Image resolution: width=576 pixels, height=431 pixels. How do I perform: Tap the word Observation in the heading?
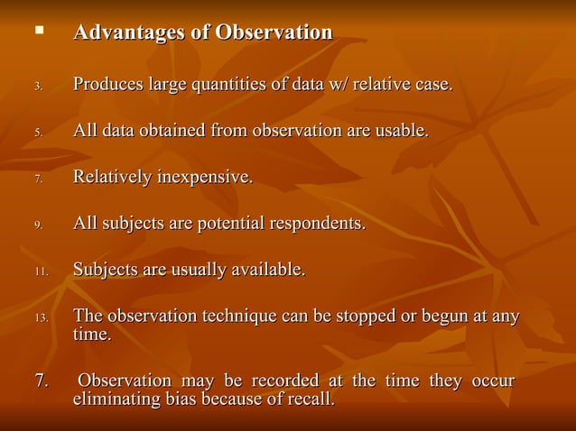pyautogui.click(x=274, y=33)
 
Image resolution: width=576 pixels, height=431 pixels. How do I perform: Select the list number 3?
pyautogui.click(x=38, y=87)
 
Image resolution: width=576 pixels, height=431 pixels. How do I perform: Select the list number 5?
pyautogui.click(x=38, y=133)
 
